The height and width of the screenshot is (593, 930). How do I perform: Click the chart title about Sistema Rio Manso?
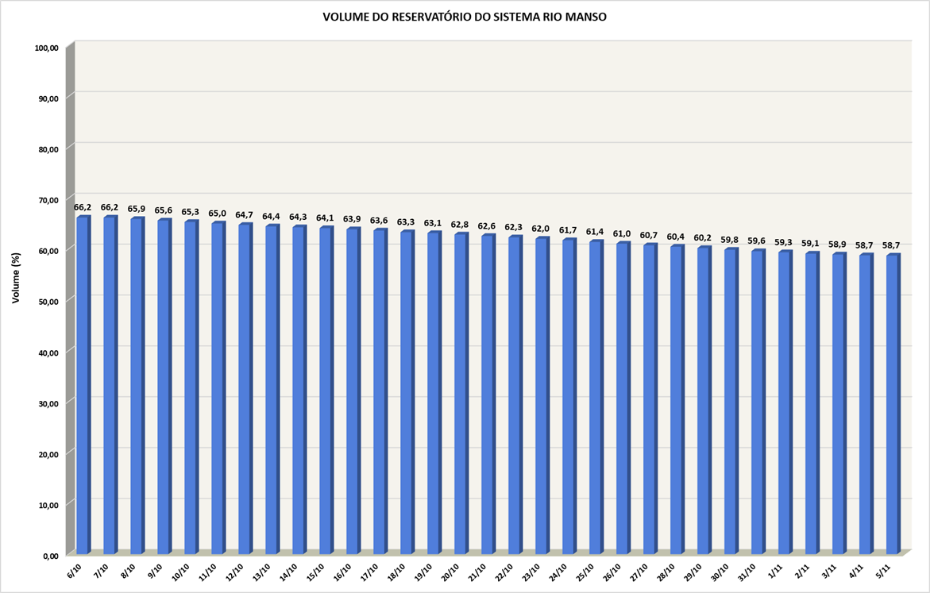(465, 17)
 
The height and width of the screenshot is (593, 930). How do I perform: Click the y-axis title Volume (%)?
(16, 277)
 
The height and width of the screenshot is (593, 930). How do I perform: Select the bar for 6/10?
(83, 384)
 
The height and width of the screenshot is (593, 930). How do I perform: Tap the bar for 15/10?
(326, 390)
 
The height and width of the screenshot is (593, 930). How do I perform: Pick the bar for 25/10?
(596, 396)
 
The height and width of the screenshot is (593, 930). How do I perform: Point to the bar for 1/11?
(785, 402)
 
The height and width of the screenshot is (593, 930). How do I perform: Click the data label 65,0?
(218, 214)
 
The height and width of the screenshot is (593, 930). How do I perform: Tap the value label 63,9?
(353, 219)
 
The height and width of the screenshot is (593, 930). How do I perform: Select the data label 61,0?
(623, 233)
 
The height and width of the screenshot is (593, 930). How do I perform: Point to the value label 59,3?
(784, 242)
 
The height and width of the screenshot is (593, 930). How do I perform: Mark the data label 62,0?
(542, 229)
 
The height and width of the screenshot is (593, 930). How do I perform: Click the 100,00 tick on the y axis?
(47, 48)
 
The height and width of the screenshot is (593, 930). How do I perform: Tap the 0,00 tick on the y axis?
(49, 555)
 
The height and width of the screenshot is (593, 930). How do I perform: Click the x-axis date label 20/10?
(450, 572)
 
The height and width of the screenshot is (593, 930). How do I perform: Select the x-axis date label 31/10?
(747, 572)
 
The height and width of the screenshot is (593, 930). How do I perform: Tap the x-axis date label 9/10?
(156, 571)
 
